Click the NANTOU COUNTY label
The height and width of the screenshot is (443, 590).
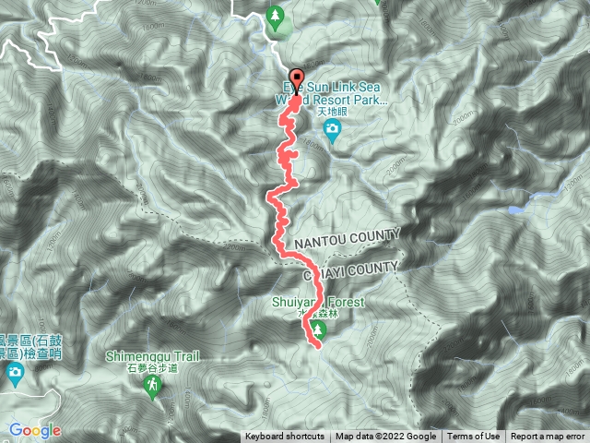pyautogui.click(x=347, y=236)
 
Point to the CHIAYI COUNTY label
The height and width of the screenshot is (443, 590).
pyautogui.click(x=350, y=267)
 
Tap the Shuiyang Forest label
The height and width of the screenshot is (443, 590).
pyautogui.click(x=318, y=302)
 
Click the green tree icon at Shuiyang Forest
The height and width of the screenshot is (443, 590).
pyautogui.click(x=319, y=329)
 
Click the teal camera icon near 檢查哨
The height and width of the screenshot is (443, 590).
pyautogui.click(x=15, y=373)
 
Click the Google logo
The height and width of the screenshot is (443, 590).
pyautogui.click(x=34, y=430)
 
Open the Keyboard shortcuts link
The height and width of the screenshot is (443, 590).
pyautogui.click(x=284, y=437)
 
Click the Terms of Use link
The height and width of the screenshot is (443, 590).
pyautogui.click(x=474, y=437)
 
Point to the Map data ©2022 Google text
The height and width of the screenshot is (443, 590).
pyautogui.click(x=385, y=437)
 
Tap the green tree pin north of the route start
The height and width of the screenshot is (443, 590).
pyautogui.click(x=275, y=17)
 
